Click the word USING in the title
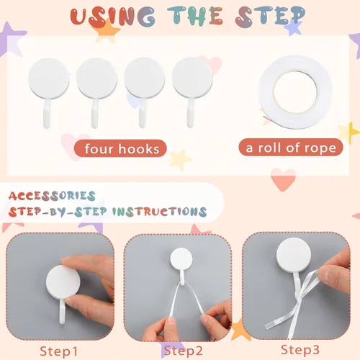[112, 17]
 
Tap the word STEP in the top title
[270, 16]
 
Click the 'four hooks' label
[120, 148]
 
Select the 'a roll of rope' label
[291, 148]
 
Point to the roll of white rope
[297, 91]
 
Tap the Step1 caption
[59, 351]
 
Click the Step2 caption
[184, 351]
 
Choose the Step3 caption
[300, 350]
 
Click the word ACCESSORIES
[52, 196]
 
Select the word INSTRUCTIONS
[160, 212]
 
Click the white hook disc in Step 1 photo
[63, 282]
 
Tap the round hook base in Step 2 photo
[181, 259]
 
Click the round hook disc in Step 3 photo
[294, 255]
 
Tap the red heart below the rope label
[284, 179]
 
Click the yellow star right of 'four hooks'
[180, 160]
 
